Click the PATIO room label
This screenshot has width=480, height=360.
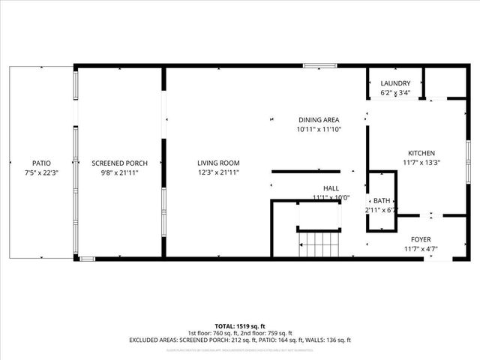click(x=41, y=163)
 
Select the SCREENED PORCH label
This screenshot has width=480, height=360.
click(x=119, y=163)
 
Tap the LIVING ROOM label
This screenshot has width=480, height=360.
click(x=218, y=163)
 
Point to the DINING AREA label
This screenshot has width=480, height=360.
click(x=319, y=120)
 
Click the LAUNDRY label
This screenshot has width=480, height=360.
click(x=395, y=83)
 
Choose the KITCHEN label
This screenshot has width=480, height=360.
click(x=421, y=152)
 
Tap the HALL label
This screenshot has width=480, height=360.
click(x=331, y=188)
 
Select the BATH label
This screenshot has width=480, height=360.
click(x=382, y=201)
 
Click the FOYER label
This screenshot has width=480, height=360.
click(x=421, y=239)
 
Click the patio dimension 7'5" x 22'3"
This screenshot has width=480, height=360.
click(x=41, y=172)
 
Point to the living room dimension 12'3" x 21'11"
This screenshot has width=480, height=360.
click(x=218, y=172)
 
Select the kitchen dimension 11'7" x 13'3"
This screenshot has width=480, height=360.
click(x=421, y=162)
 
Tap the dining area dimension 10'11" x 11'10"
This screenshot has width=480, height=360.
click(x=319, y=130)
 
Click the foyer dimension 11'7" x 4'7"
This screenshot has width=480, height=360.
click(x=421, y=249)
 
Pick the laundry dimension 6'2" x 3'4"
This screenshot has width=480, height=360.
click(x=395, y=93)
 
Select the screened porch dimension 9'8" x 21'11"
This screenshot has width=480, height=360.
click(x=119, y=172)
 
